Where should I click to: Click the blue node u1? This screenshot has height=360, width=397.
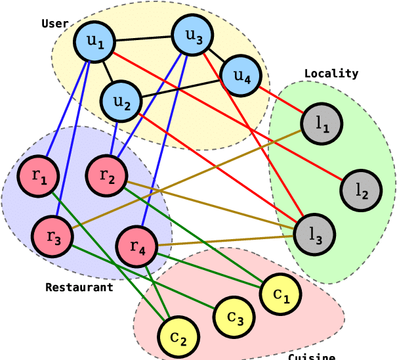tap(96, 43)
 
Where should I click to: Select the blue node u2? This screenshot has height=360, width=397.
tap(122, 102)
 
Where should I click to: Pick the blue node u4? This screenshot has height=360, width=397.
tap(240, 78)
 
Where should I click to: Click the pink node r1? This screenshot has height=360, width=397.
tap(39, 175)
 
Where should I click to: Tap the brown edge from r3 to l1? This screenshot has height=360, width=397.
tap(190, 177)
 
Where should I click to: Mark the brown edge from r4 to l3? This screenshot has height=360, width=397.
tap(226, 240)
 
